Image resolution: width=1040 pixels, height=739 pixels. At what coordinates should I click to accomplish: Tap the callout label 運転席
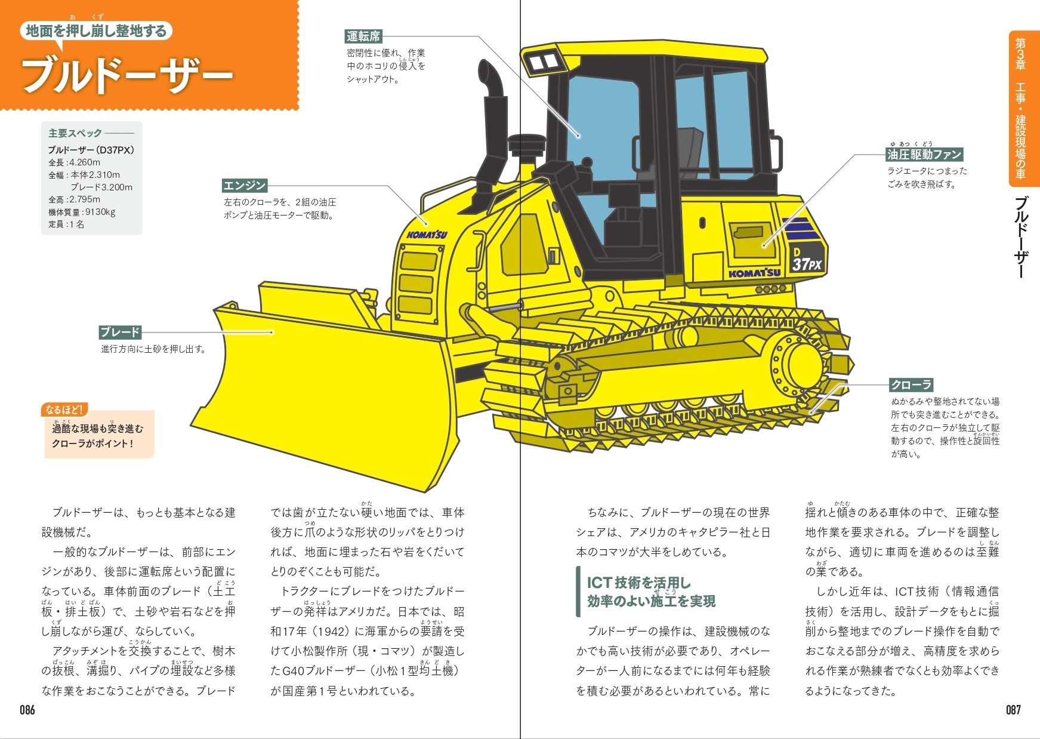363,36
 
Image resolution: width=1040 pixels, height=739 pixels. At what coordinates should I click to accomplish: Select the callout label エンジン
244,185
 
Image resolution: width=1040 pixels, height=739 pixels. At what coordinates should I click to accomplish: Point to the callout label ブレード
120,332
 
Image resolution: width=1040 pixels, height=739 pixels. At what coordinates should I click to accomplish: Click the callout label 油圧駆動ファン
924,155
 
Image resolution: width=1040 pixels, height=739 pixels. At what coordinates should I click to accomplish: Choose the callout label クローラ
911,384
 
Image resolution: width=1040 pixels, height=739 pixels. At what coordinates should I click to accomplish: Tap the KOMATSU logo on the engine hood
427,233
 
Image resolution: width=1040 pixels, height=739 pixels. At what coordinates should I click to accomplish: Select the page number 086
27,710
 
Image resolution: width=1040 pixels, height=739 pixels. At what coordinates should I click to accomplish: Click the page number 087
1013,710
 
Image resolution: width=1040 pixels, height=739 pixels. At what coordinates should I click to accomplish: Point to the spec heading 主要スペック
75,133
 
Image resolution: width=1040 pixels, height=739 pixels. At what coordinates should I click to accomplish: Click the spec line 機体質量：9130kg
82,212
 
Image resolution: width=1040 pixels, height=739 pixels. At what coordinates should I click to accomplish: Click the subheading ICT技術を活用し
638,583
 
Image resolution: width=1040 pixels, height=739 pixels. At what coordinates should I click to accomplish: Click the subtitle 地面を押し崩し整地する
96,31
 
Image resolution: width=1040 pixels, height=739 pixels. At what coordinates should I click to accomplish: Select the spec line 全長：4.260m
75,162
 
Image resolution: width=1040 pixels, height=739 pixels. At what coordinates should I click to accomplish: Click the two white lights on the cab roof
543,61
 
